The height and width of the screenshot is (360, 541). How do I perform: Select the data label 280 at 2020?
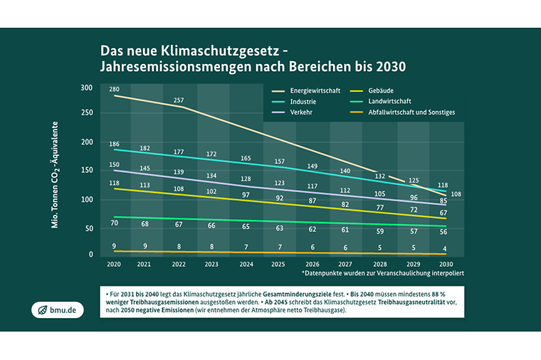pyautogui.click(x=115, y=89)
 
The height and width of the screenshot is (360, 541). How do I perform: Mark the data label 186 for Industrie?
pyautogui.click(x=115, y=144)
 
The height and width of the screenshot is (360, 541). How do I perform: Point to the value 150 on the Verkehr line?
pyautogui.click(x=115, y=165)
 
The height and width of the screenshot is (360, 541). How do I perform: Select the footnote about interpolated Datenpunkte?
pyautogui.click(x=383, y=273)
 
